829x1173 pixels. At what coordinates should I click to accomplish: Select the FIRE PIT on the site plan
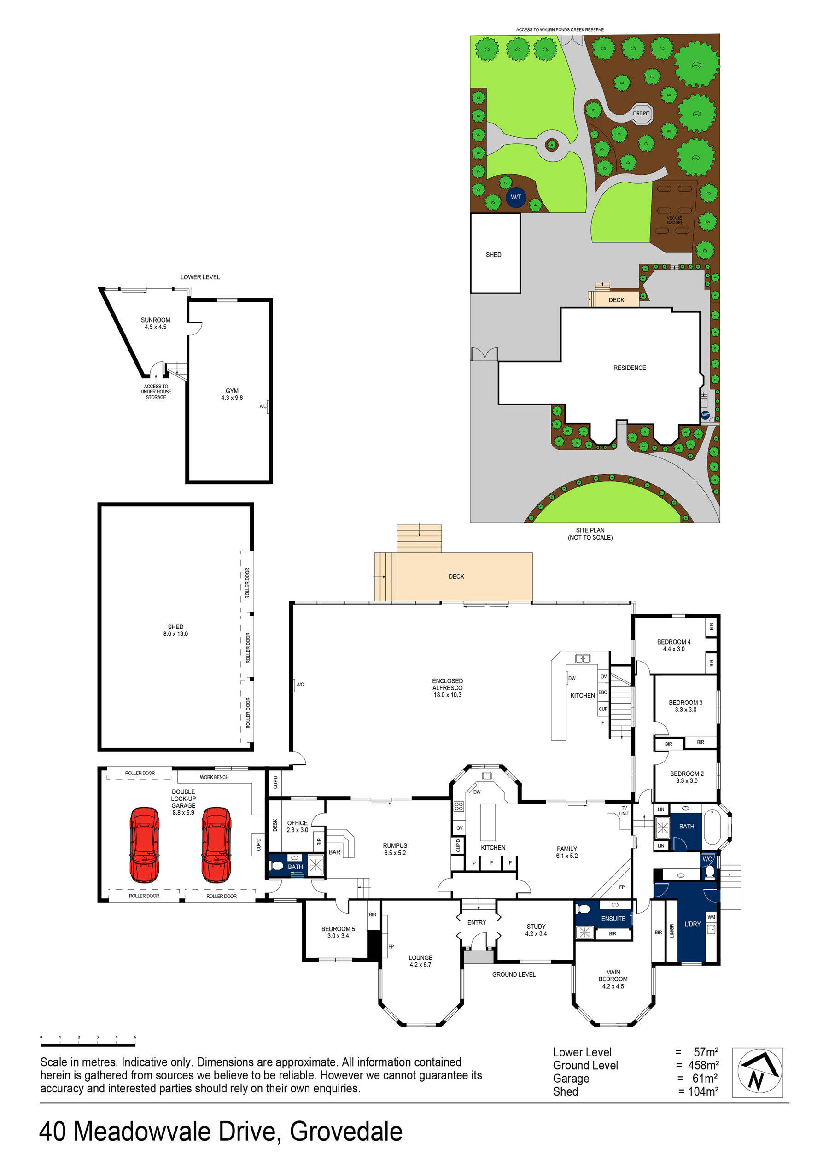[x=641, y=114]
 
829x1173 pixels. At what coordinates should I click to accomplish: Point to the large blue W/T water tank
[x=516, y=197]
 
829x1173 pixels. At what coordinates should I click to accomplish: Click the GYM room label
[x=232, y=394]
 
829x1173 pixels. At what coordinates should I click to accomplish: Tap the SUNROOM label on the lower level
[x=155, y=323]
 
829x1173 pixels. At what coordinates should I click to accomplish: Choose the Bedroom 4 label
[x=674, y=645]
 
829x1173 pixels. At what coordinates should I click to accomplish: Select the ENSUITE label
[x=613, y=919]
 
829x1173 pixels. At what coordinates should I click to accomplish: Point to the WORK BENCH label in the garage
[x=214, y=777]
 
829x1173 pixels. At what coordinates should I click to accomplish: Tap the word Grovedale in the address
[x=346, y=1132]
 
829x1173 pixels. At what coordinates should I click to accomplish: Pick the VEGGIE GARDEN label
[x=675, y=220]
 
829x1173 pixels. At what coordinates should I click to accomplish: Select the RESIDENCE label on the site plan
[x=629, y=368]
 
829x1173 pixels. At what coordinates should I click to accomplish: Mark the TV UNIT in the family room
[x=624, y=811]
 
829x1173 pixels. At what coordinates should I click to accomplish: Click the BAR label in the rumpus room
[x=334, y=852]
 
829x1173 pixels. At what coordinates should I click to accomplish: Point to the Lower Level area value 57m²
[x=706, y=1052]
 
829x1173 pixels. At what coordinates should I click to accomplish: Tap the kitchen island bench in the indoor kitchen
[x=488, y=821]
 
